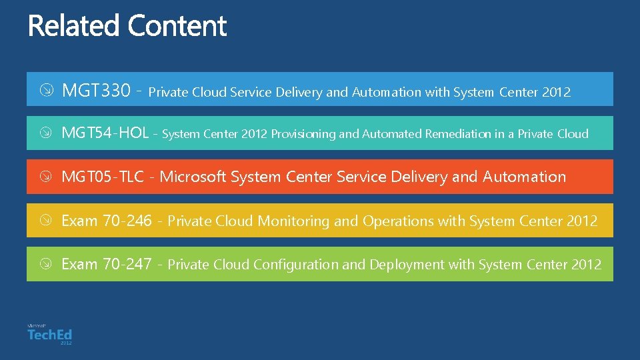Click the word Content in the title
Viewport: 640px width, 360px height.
click(x=177, y=27)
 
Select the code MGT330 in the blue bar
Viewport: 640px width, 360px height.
click(x=96, y=91)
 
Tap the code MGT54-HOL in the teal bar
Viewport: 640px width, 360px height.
click(x=105, y=133)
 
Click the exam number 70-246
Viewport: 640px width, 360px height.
click(x=127, y=221)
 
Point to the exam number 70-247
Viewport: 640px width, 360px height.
click(x=127, y=264)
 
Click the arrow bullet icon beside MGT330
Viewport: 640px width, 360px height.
click(x=45, y=91)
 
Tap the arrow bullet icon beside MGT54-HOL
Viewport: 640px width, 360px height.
click(x=45, y=133)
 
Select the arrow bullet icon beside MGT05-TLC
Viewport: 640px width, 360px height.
click(x=45, y=177)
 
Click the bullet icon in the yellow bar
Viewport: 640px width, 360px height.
click(x=45, y=221)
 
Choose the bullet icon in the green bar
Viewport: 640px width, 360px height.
click(x=45, y=264)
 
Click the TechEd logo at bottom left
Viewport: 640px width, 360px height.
click(x=49, y=334)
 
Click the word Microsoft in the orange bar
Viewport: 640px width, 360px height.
click(x=193, y=177)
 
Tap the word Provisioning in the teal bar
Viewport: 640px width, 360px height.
click(x=303, y=134)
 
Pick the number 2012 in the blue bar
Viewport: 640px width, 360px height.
click(x=556, y=92)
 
